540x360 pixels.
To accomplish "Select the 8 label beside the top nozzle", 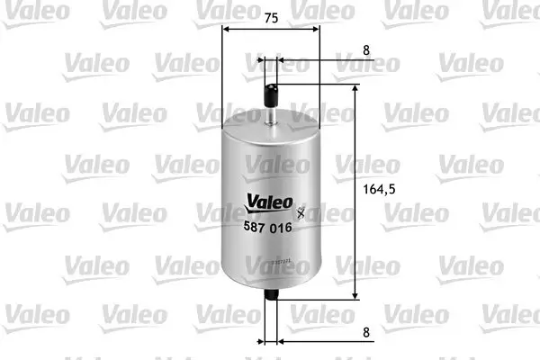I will pyautogui.click(x=366, y=51).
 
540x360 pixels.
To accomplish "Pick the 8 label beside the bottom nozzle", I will pyautogui.click(x=366, y=331).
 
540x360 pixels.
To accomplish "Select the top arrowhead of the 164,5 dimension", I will pyautogui.click(x=357, y=87).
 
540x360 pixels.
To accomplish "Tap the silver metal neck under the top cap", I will pyautogui.click(x=271, y=112).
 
